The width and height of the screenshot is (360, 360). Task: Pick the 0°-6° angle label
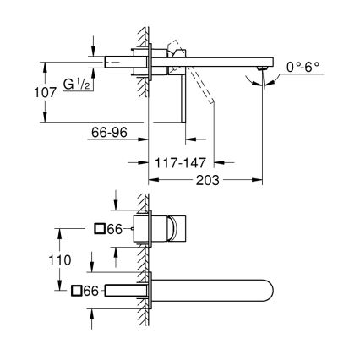[x=302, y=64]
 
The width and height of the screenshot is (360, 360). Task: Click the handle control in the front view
[x=180, y=228]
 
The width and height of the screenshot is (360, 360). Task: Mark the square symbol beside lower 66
[x=77, y=291]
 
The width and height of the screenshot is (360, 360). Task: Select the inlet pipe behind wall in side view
[x=118, y=62]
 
